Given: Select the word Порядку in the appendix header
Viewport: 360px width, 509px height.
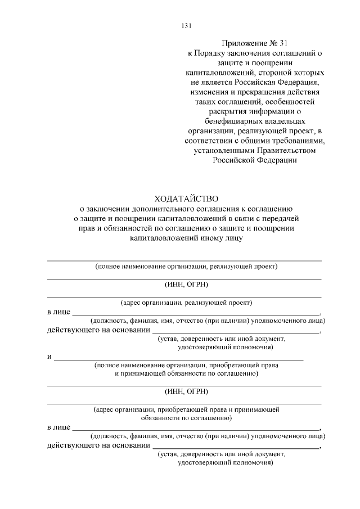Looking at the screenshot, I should tap(210, 53).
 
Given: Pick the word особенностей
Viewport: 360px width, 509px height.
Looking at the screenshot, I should tap(285, 101).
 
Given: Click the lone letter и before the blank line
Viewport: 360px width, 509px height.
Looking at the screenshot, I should tap(49, 357).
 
